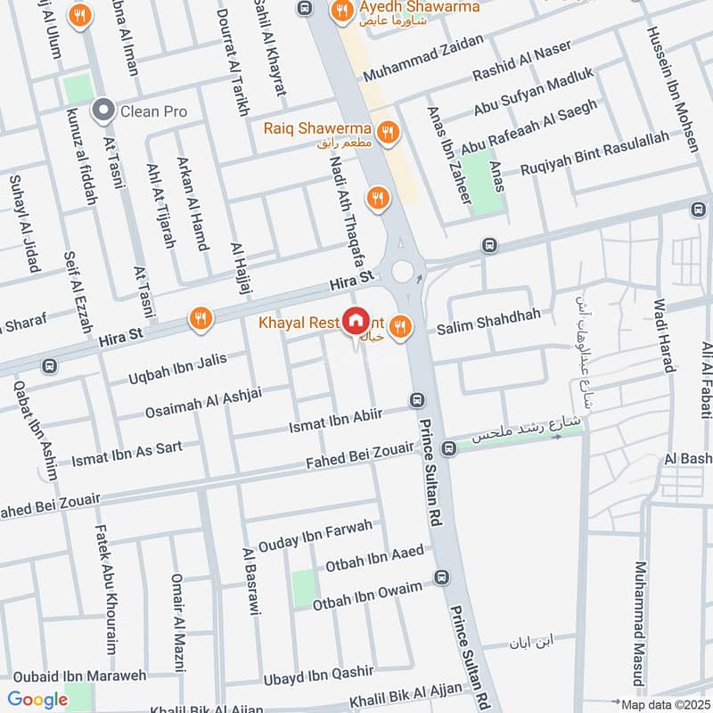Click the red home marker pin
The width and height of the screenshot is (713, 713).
(356, 320)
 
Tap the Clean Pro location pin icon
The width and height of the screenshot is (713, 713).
(104, 111)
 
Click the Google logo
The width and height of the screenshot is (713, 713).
(37, 700)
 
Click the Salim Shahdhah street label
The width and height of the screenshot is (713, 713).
(488, 328)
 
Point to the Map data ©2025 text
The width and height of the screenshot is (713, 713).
(664, 704)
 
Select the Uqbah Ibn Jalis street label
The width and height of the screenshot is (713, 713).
(178, 371)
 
